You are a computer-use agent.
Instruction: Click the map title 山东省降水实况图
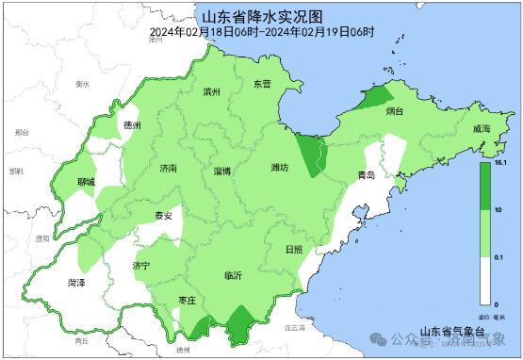262,17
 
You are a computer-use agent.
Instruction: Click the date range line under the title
262,31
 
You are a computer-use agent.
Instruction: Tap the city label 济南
168,168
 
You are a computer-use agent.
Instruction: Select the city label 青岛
366,175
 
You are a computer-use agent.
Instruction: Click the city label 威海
482,128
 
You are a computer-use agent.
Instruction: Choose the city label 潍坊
280,168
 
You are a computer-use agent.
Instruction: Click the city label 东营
262,84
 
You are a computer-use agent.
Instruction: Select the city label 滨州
211,92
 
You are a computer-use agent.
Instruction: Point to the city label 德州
131,124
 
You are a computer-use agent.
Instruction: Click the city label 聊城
86,181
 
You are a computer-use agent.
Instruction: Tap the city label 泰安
164,216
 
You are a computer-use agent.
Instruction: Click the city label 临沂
233,275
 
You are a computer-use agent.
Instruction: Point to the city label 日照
294,249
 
